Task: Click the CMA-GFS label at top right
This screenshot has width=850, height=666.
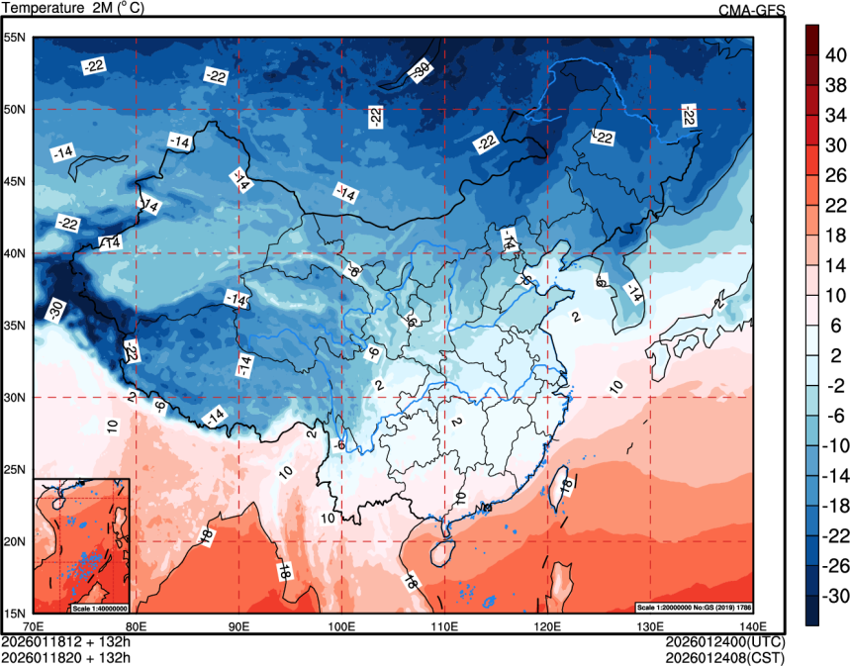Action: [751, 9]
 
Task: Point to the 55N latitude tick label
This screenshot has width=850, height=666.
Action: [15, 38]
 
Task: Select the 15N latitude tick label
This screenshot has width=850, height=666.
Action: [15, 613]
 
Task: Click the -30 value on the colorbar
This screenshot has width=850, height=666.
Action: [836, 597]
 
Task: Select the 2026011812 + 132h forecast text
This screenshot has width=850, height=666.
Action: [66, 640]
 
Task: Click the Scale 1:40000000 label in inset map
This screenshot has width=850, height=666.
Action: [99, 607]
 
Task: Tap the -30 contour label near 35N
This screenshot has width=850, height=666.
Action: [55, 310]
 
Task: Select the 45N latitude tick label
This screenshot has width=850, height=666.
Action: [15, 181]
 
